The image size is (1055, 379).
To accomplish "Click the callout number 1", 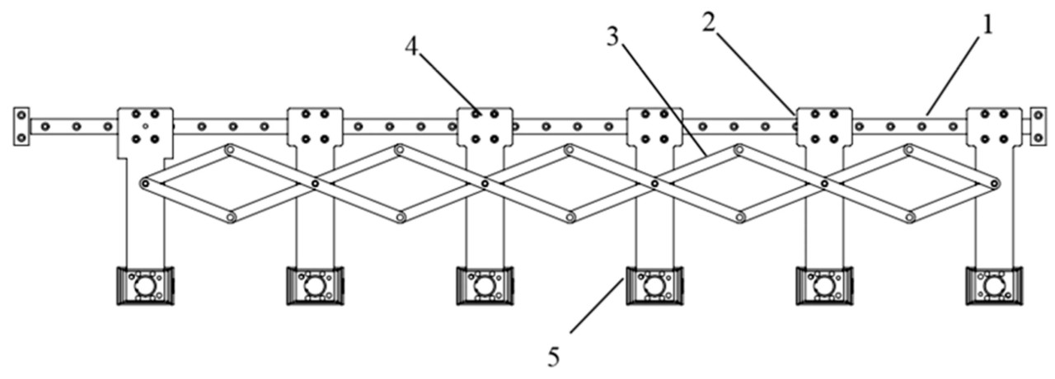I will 987,24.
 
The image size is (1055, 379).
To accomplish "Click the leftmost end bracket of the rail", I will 21,126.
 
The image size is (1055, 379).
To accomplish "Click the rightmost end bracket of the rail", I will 1037,126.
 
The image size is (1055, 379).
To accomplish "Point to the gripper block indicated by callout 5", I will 654,286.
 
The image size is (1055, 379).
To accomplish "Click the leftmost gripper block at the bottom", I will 145,286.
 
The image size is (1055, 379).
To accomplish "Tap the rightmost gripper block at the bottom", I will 994,286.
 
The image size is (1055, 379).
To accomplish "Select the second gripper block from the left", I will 314,286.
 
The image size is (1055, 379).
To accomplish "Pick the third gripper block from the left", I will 485,286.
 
